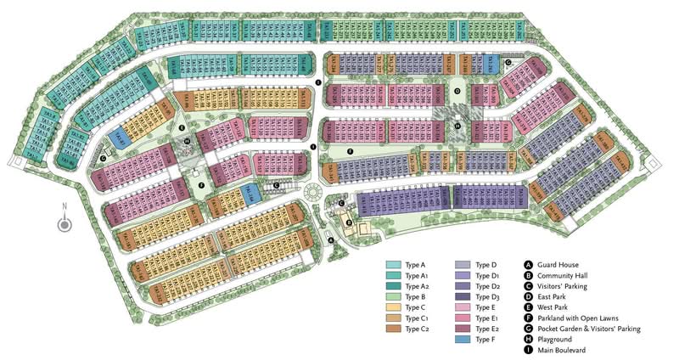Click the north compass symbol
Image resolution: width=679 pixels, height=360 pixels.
(x=64, y=224)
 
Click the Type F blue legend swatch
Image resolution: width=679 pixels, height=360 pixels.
(x=463, y=339)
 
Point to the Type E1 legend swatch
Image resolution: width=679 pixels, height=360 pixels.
(x=463, y=318)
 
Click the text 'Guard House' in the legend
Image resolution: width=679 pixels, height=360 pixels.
(x=562, y=265)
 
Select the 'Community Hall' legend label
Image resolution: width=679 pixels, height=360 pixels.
(x=568, y=275)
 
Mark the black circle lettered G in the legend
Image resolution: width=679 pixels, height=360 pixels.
(x=529, y=328)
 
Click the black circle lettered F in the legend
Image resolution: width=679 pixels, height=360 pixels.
(x=529, y=318)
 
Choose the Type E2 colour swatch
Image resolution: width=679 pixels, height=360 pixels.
(x=463, y=328)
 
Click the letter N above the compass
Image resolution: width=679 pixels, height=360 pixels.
(x=64, y=209)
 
